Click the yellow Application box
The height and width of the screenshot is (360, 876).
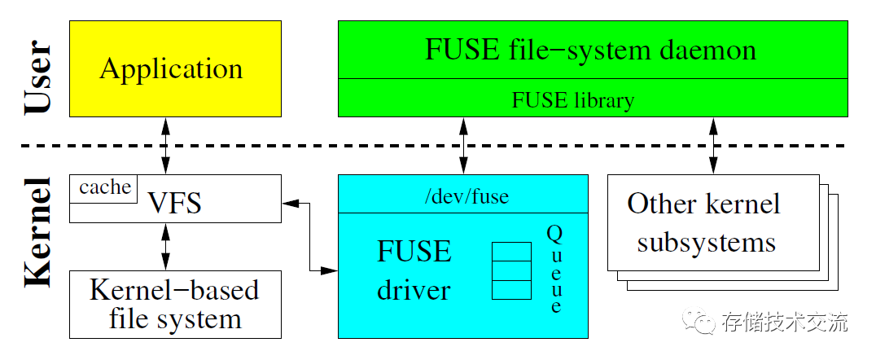coord(175,68)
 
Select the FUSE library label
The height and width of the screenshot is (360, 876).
coord(572,101)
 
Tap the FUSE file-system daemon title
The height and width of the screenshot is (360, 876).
coord(591,50)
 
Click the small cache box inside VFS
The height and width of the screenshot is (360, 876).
coord(104,188)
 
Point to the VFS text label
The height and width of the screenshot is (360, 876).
coord(174,204)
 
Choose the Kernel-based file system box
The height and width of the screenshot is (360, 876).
coord(175,304)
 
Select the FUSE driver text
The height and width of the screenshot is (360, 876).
coord(414,270)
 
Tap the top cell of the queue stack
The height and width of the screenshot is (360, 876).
coord(511,251)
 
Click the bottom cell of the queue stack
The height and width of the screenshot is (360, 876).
coord(511,289)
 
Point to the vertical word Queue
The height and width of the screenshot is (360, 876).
coord(554,270)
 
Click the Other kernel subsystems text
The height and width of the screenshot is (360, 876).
coord(705,222)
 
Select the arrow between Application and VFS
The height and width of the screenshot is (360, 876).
coord(167,145)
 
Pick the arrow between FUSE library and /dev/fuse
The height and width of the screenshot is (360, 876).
coord(463,145)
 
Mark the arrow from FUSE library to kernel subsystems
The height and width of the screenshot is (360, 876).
coord(714,145)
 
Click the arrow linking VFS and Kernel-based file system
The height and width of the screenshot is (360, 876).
coord(167,247)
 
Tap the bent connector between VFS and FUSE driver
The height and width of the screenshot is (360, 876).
coord(310,236)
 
